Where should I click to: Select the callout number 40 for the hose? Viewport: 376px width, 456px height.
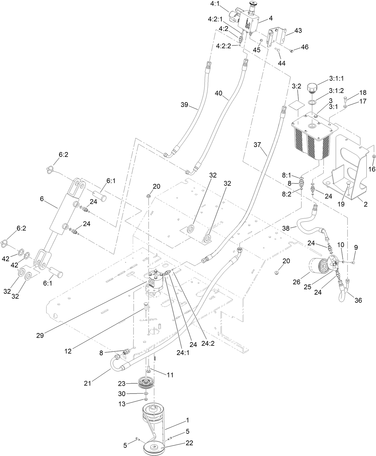click(x=219, y=93)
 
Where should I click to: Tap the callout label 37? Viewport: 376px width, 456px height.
click(x=258, y=145)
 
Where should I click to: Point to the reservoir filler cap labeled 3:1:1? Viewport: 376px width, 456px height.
click(x=315, y=88)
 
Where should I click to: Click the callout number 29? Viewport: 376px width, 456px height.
click(x=40, y=335)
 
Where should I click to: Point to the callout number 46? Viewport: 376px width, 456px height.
click(x=304, y=47)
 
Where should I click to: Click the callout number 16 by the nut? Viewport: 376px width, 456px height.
click(x=372, y=169)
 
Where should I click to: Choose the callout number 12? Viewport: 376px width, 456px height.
click(x=68, y=351)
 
